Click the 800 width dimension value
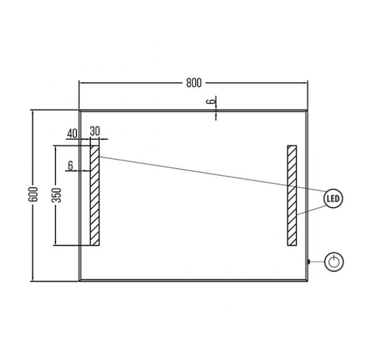[x=193, y=83]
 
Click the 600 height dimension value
[x=33, y=195]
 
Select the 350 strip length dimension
[x=57, y=195]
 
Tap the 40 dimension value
[x=72, y=134]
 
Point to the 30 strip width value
[x=95, y=131]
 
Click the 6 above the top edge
[x=210, y=101]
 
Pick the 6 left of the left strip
[x=70, y=165]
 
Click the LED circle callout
[x=333, y=198]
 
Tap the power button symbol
[x=334, y=262]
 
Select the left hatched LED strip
[x=94, y=195]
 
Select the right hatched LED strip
[x=292, y=195]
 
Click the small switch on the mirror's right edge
[x=308, y=262]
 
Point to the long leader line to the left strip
[x=212, y=174]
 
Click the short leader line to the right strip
[x=311, y=210]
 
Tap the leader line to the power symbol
[x=317, y=262]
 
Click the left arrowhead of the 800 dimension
[x=81, y=83]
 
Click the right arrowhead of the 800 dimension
[x=305, y=83]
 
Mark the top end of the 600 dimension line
[x=33, y=111]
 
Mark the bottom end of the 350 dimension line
[x=55, y=245]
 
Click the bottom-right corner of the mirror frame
[x=307, y=281]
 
